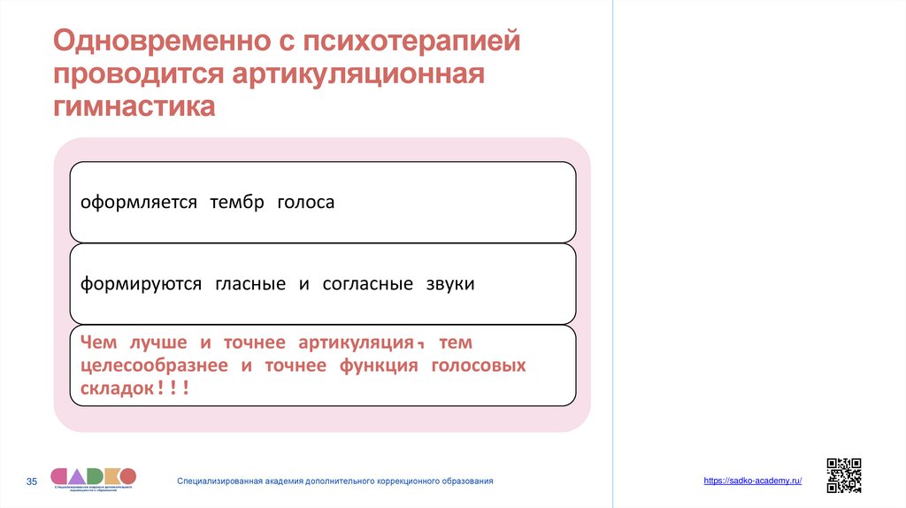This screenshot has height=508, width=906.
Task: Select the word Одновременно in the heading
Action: (161, 41)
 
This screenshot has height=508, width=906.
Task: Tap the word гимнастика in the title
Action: (134, 106)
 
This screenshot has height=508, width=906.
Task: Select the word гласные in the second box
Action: (250, 284)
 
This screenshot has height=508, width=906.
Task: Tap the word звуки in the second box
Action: (449, 284)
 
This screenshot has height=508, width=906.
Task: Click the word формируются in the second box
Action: (142, 284)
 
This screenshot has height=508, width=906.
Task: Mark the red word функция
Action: (378, 365)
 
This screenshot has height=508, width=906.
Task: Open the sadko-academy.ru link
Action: (752, 480)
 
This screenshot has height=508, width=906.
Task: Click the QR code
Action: (843, 475)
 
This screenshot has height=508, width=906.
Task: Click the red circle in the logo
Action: (125, 475)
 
